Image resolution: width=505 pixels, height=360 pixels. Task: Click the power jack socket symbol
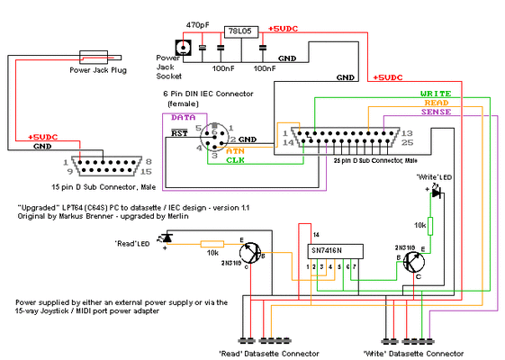coord(184,49)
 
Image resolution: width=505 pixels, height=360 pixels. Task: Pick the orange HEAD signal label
coord(437,103)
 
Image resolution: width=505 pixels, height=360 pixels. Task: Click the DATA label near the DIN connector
coord(183,118)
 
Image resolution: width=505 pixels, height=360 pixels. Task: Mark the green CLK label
coord(236,160)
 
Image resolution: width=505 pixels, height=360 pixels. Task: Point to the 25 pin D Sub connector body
coord(343,139)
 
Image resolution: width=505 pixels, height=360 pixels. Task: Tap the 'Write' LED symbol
coord(436,192)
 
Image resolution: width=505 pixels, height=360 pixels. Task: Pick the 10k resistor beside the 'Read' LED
coord(212,243)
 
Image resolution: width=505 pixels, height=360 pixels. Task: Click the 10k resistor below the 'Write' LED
coord(430,225)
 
